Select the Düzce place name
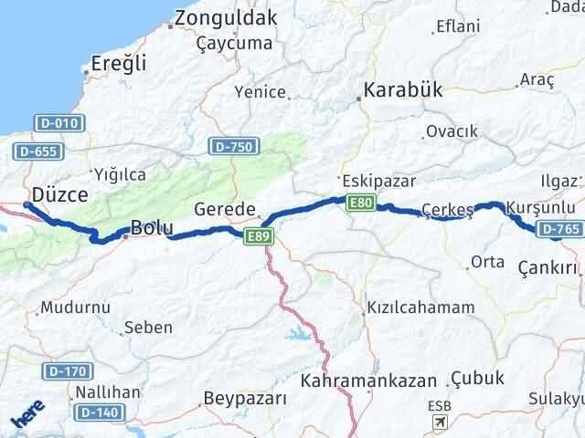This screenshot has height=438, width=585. coord(59,194)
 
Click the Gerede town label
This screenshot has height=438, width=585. coord(225,209)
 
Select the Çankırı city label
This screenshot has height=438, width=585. coord(548,267)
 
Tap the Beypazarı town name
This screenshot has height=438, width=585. coord(244,399)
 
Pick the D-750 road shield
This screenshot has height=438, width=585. coord(233,145)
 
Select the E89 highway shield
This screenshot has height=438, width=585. coord(255,236)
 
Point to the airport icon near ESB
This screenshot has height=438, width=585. coord(441,422)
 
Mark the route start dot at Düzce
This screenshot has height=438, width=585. coord(27,205)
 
